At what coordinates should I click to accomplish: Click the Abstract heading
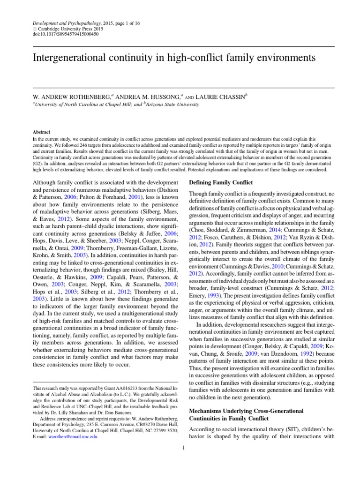pyautogui.click(x=41, y=133)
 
